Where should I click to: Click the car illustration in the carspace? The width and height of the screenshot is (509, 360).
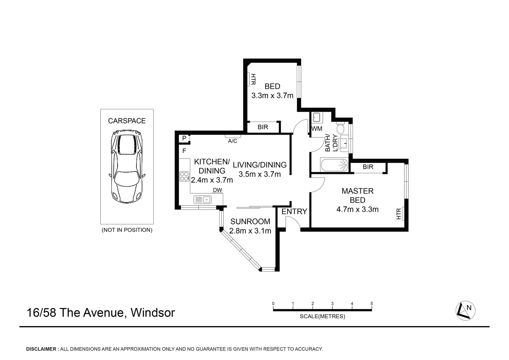(127, 167)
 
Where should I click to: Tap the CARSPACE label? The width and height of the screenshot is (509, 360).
(127, 121)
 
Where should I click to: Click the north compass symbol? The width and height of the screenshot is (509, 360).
(465, 311)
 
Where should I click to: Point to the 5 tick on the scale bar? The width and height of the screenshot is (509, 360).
(372, 304)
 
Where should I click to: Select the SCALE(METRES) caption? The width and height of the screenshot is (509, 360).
(322, 316)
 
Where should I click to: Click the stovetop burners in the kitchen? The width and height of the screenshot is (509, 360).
(184, 176)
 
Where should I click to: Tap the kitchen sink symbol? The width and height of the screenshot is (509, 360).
(202, 200)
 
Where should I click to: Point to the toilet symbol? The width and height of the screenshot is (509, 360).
(340, 128)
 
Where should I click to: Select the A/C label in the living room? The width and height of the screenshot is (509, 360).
(233, 141)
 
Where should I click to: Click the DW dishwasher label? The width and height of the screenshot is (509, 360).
(218, 190)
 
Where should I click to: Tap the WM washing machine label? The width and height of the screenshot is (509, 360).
(317, 129)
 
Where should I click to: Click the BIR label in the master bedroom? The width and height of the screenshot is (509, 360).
(368, 167)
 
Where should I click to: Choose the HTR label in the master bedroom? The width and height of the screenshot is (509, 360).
(399, 214)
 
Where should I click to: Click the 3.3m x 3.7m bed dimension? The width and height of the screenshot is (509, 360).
(272, 96)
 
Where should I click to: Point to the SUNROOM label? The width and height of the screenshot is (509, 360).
(250, 221)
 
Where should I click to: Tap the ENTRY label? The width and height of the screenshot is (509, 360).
(294, 211)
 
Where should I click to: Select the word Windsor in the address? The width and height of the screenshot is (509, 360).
(153, 313)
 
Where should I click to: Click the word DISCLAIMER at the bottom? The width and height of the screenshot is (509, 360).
(41, 349)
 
